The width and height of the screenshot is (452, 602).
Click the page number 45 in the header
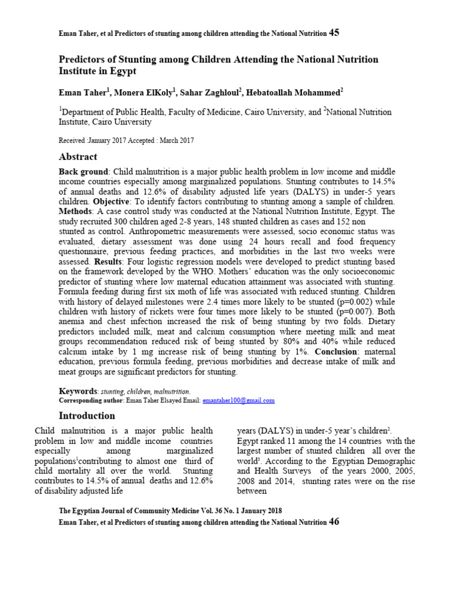[x=334, y=34]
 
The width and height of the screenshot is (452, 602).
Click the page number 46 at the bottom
[x=334, y=522]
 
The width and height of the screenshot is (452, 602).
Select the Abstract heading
[x=78, y=157]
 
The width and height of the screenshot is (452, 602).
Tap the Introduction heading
[x=87, y=416]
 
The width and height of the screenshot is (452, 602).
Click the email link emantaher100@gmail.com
[x=238, y=400]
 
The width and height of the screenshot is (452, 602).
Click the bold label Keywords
[x=78, y=391]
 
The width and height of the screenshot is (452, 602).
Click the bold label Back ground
[x=83, y=171]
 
